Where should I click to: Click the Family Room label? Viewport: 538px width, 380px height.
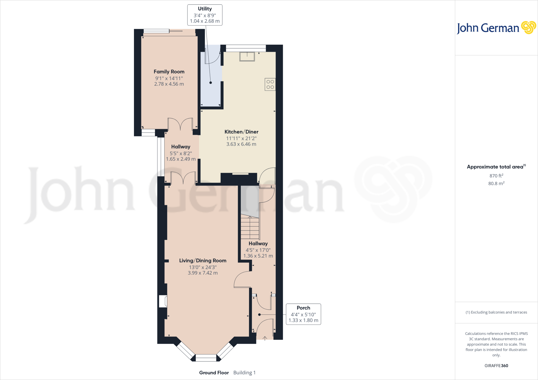coord(169,72)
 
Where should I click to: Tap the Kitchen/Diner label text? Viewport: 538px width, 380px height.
coord(241,132)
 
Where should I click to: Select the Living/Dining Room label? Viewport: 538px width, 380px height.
coord(203,261)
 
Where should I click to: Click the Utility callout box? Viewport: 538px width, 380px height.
coord(205,15)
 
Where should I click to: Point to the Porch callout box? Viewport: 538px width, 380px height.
coord(303,314)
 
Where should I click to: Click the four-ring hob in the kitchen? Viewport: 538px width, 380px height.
coord(270,85)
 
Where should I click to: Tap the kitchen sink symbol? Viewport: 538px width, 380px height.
coord(247,57)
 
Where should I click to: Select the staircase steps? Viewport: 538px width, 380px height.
coord(250,227)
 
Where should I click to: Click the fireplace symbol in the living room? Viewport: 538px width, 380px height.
coord(163,301)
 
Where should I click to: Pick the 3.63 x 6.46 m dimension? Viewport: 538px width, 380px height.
coord(241,144)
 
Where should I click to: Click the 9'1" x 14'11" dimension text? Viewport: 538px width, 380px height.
coord(169,78)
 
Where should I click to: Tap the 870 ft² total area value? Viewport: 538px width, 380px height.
coord(496,176)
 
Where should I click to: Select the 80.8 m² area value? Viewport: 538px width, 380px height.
coord(496,183)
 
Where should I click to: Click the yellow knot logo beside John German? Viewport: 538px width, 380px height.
coord(529,28)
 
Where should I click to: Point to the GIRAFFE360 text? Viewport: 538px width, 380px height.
coord(496,366)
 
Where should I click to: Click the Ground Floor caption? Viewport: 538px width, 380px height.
coord(214,373)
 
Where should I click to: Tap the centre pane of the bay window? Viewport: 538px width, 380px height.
coord(206,358)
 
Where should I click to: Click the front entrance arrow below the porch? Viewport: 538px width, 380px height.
coord(265,339)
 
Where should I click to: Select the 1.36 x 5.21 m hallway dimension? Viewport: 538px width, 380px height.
coord(258,256)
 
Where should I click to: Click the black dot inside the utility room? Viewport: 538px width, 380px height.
coord(211,83)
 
